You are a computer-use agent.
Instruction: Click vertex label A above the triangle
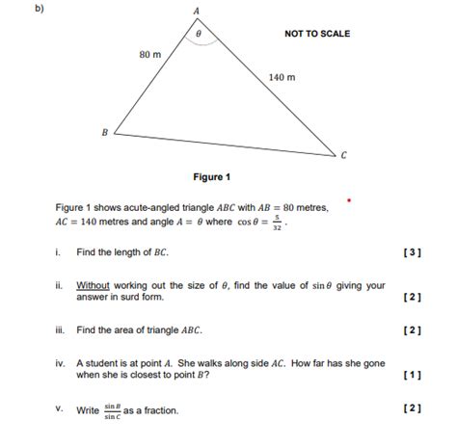(x=197, y=10)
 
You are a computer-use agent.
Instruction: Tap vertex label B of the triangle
(x=105, y=134)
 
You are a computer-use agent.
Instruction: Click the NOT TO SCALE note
(x=317, y=34)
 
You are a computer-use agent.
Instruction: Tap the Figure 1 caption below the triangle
(x=212, y=177)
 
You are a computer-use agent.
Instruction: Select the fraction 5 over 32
(x=277, y=223)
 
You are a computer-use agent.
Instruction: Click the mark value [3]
(x=414, y=252)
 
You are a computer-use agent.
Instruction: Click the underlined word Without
(x=94, y=285)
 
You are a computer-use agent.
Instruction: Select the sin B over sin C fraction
(x=111, y=411)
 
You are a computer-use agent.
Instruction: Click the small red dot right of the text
(x=350, y=202)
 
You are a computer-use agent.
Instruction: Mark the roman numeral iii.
(x=60, y=329)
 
